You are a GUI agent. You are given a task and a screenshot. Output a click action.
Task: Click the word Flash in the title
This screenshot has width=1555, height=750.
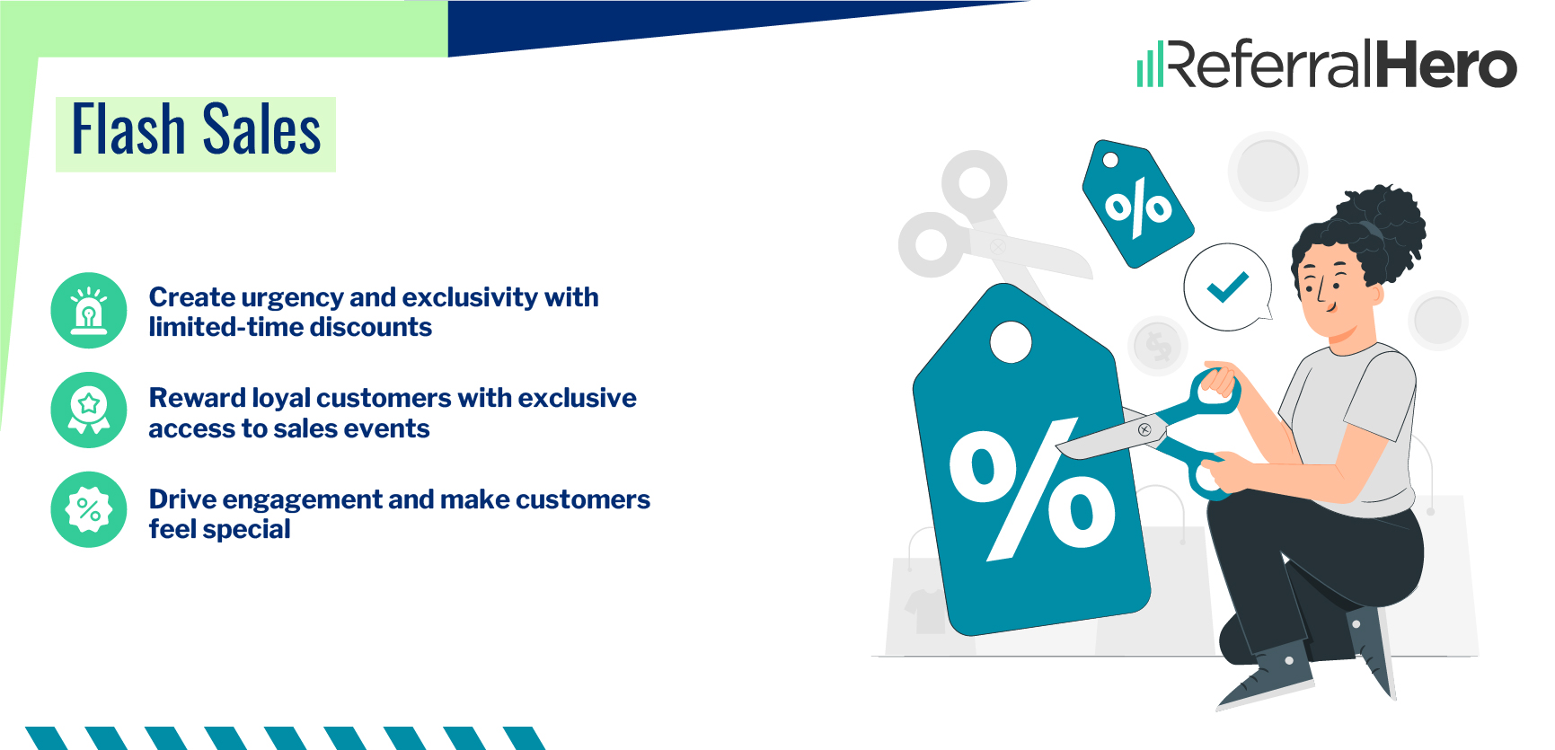coord(128,130)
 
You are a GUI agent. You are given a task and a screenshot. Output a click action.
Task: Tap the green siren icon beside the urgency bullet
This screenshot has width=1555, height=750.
coord(89,311)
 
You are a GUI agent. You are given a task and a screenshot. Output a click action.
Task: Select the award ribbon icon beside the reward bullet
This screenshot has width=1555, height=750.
coord(89,410)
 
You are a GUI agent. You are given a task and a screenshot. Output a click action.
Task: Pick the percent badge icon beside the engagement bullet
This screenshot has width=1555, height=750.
coord(89,510)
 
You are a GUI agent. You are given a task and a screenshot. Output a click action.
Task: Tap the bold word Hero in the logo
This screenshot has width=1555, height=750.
coord(1446,66)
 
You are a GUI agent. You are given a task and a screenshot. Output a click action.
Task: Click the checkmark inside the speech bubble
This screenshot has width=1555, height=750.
coord(1227,287)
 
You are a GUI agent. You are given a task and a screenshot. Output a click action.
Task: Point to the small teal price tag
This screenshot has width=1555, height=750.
coord(1137,205)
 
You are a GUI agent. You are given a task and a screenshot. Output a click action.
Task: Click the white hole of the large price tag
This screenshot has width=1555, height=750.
coord(1011,342)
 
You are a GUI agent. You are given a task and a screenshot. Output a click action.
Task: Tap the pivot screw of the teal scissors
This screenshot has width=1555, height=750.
coord(1144,430)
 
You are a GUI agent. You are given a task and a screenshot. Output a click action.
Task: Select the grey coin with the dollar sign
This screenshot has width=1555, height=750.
coord(1158,345)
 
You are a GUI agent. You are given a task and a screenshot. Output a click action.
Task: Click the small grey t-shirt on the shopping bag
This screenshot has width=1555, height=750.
coord(923,608)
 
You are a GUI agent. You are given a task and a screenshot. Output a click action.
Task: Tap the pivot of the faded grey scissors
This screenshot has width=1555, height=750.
coord(997,244)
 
